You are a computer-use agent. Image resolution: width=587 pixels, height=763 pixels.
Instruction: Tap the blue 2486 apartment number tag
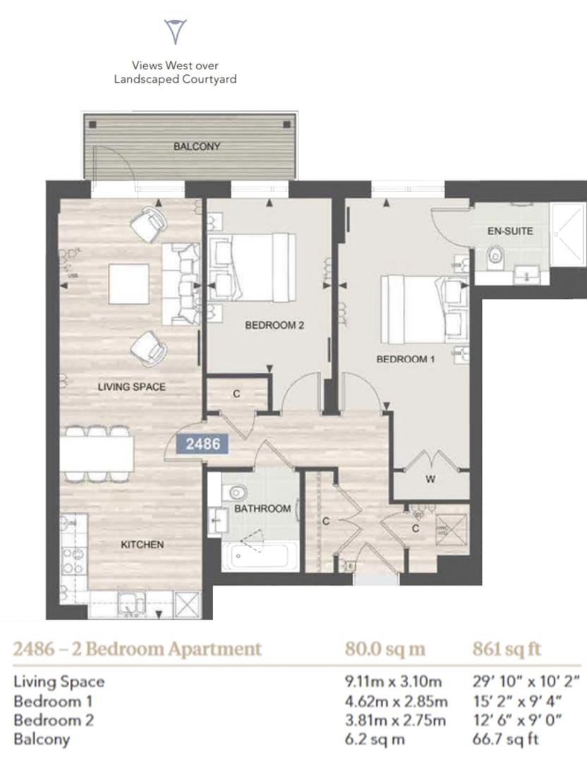[202, 444]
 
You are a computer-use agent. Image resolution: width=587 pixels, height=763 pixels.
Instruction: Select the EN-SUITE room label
[510, 231]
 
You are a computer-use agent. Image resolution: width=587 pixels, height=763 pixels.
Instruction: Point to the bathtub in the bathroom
[257, 554]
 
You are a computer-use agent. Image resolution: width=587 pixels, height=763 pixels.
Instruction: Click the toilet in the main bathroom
[236, 487]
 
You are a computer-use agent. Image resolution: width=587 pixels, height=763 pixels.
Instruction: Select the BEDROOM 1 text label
[405, 359]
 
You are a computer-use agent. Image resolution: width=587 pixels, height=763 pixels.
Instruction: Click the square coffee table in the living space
[128, 283]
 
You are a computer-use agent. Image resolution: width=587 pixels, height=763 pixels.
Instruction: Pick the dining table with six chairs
[97, 453]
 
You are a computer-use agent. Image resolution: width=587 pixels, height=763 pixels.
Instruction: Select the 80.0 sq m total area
[385, 649]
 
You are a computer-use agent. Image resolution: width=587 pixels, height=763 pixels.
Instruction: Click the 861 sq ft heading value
[506, 649]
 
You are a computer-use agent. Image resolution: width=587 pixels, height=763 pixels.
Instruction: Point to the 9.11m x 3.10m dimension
[393, 682]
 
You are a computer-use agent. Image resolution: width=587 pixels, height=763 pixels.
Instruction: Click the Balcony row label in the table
[42, 739]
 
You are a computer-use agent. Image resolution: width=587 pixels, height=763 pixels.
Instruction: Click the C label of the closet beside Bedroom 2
[236, 394]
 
